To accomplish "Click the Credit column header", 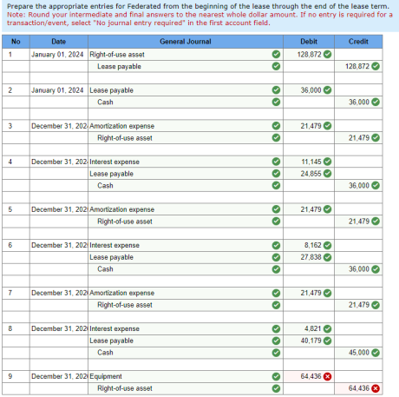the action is click(x=358, y=42).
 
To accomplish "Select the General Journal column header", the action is click(x=185, y=42).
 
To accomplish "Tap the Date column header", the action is click(x=58, y=42).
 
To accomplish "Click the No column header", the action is click(x=15, y=42).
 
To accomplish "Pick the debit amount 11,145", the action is click(x=311, y=162).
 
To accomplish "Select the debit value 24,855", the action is click(x=311, y=174).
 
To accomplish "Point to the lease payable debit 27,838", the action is click(x=311, y=257).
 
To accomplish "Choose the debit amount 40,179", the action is click(x=311, y=341).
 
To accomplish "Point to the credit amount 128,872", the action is click(x=356, y=66).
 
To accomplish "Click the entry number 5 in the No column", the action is click(x=9, y=209).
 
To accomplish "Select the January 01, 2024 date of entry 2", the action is click(x=57, y=90).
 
